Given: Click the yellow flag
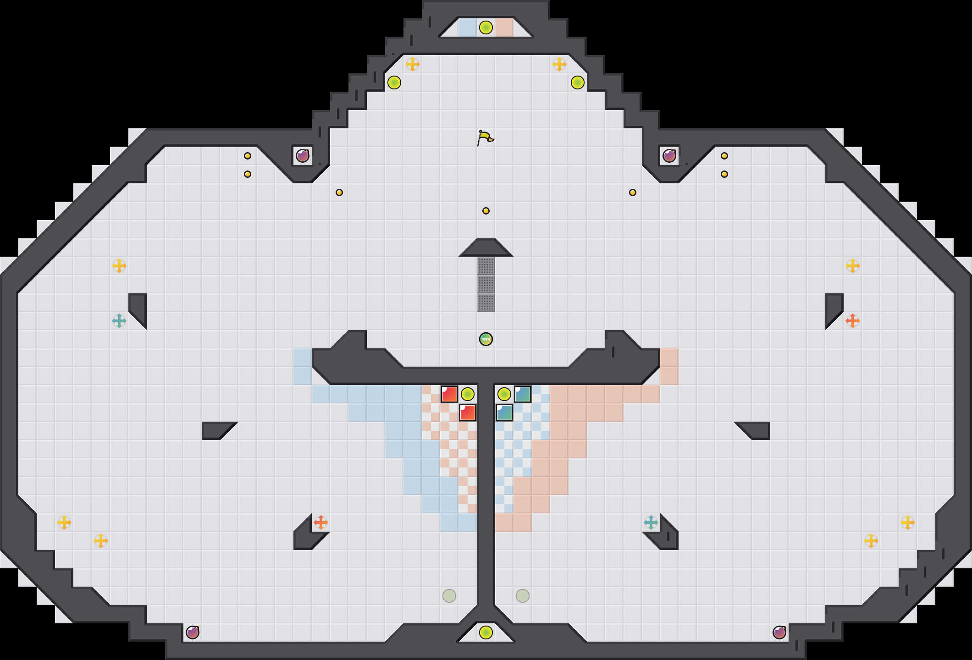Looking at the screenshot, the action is (x=485, y=137).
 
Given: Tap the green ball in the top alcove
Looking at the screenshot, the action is (x=486, y=27).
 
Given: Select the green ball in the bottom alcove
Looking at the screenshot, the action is (x=486, y=632).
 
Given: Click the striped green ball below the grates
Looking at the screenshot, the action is (x=486, y=339).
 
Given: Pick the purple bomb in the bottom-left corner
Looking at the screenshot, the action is (x=193, y=632).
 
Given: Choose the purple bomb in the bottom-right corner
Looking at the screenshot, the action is (x=779, y=632).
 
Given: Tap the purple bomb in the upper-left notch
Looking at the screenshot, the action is (x=303, y=156).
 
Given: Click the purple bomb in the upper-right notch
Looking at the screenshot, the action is (x=669, y=156).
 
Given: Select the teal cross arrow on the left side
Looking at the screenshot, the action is (x=119, y=321).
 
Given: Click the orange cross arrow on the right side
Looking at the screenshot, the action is (x=853, y=321).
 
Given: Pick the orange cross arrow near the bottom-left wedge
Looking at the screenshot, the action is (x=321, y=522).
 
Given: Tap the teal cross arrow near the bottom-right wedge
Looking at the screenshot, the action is (x=651, y=522).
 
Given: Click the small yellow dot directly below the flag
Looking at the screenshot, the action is (x=486, y=211).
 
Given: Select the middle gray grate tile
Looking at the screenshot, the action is (x=486, y=284).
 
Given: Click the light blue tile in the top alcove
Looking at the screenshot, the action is (x=468, y=27).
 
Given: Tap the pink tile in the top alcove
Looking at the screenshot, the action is (x=504, y=27).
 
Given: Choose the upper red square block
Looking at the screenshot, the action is (x=449, y=394).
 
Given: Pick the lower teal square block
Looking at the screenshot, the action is (x=504, y=412).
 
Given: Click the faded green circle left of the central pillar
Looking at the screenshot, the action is (x=449, y=596).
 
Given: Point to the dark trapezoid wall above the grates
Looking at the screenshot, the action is (x=486, y=248).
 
